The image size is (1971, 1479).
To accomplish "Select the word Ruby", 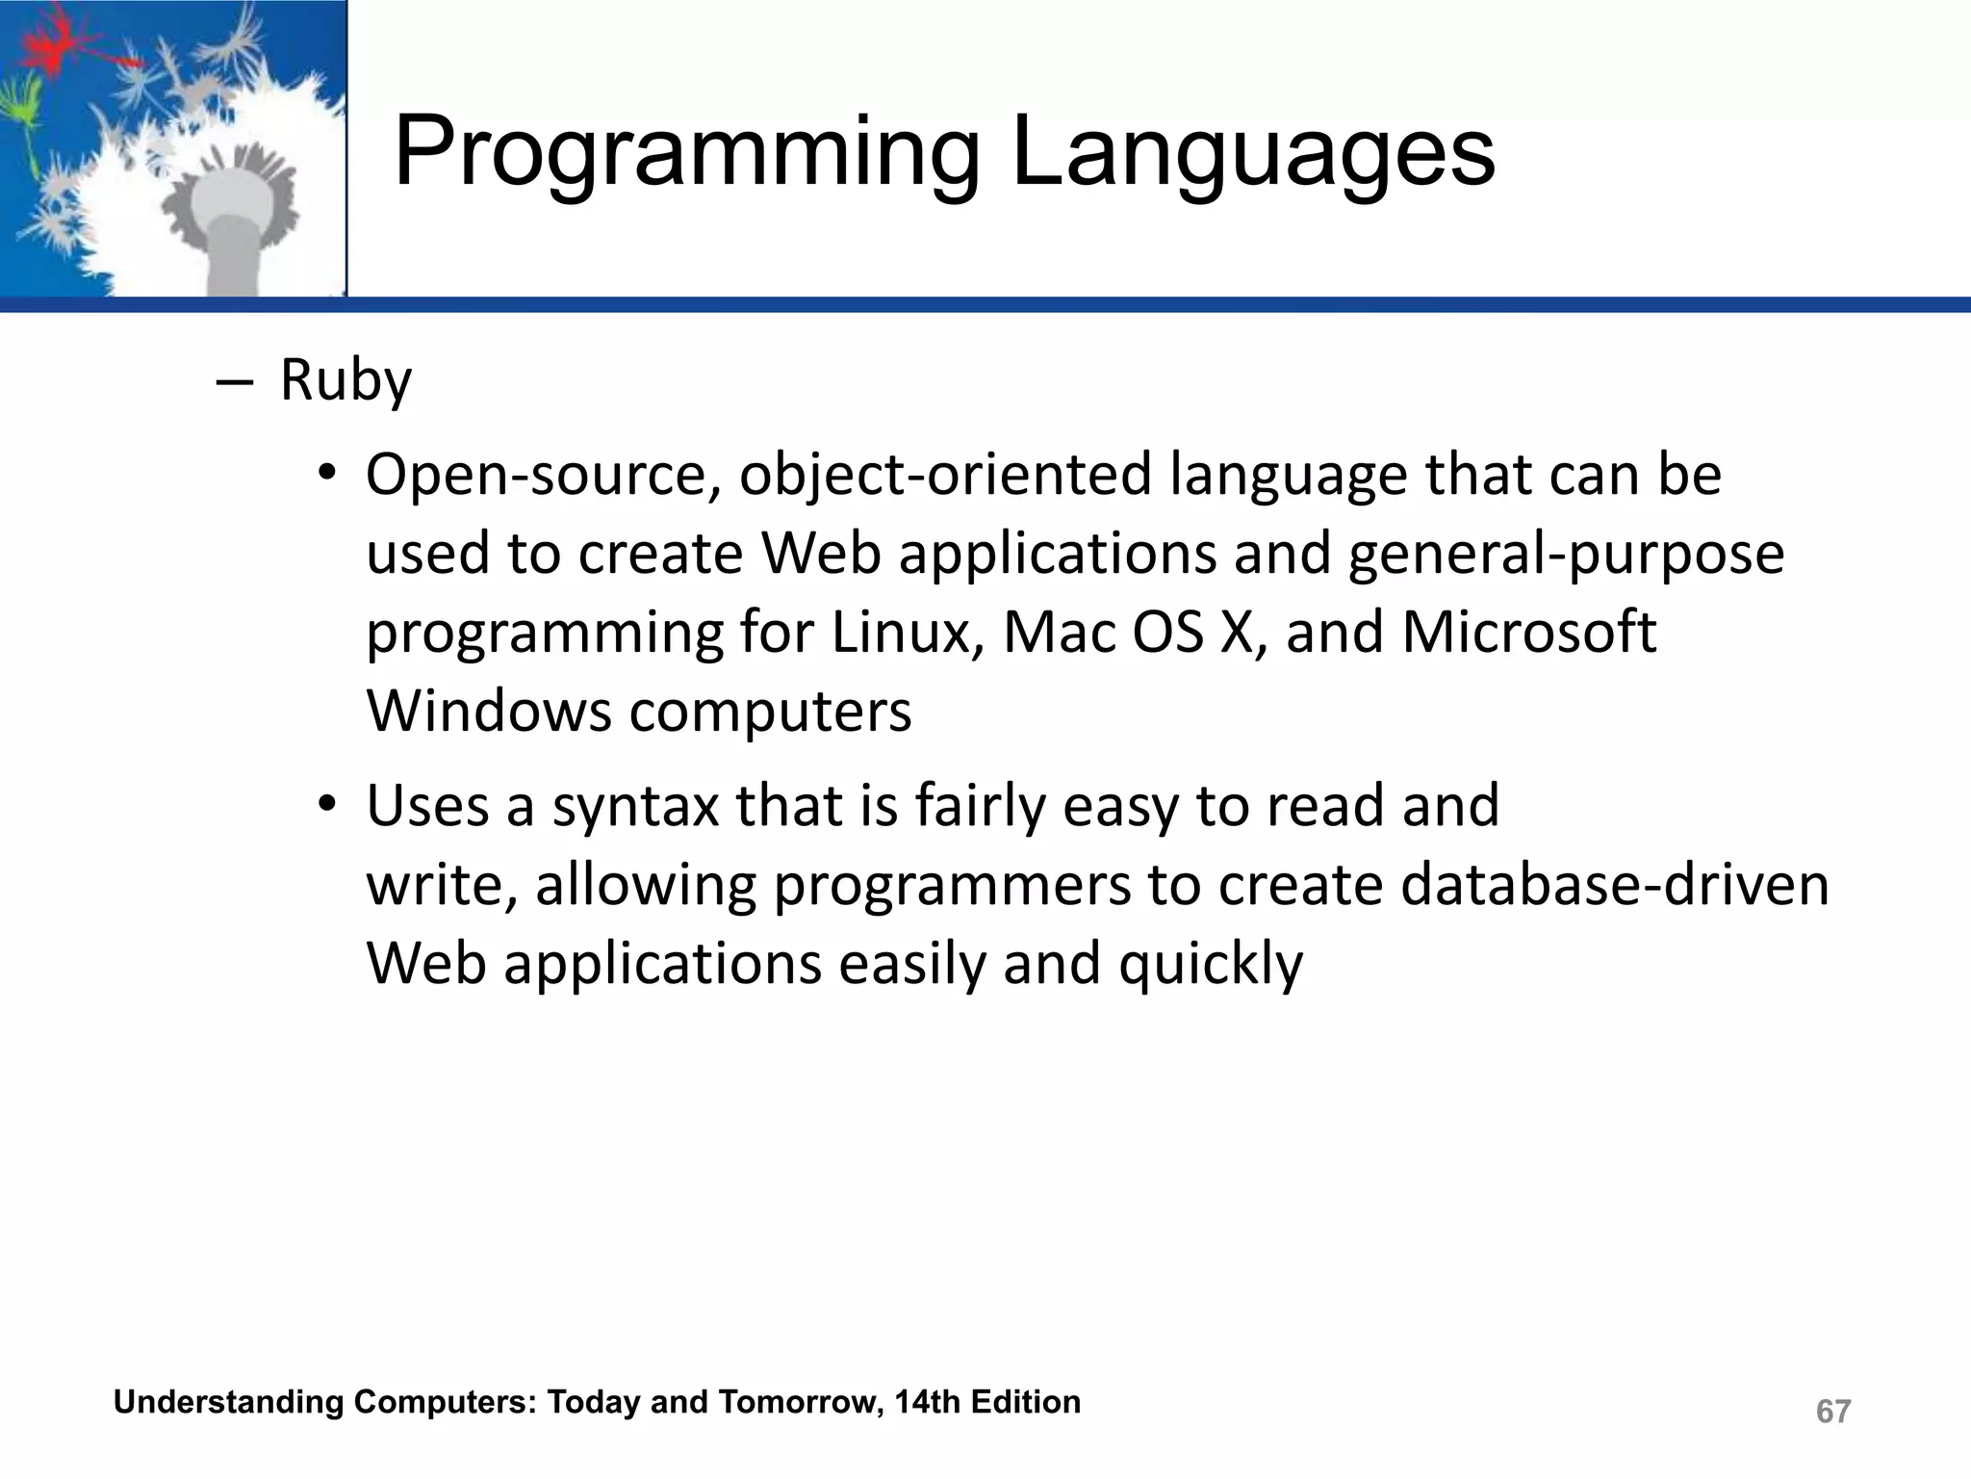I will [x=346, y=381].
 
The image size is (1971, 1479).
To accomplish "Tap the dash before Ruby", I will [x=234, y=383].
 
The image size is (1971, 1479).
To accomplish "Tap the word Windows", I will [x=489, y=712].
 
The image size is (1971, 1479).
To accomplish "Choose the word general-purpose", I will [x=1566, y=555].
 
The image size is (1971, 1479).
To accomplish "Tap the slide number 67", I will [x=1832, y=1412].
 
